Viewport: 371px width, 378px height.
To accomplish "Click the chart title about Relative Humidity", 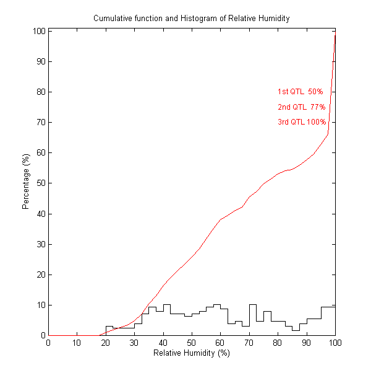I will pyautogui.click(x=191, y=19).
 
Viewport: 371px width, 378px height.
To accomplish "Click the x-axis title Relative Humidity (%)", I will pyautogui.click(x=191, y=353).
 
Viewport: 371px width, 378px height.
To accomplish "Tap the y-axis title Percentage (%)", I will pyautogui.click(x=26, y=182).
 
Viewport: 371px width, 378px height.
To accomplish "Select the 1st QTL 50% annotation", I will pyautogui.click(x=296, y=92).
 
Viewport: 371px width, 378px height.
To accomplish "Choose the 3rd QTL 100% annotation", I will pyautogui.click(x=302, y=122).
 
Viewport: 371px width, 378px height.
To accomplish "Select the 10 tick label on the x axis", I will pyautogui.click(x=77, y=343).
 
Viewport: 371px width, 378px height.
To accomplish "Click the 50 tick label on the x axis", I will pyautogui.click(x=192, y=343).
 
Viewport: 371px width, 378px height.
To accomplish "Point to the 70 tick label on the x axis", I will pyautogui.click(x=249, y=343).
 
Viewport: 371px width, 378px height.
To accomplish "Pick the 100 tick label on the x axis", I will pyautogui.click(x=335, y=343).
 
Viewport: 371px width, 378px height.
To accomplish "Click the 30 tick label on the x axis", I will pyautogui.click(x=134, y=343).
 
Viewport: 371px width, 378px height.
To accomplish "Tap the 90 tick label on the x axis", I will pyautogui.click(x=307, y=343).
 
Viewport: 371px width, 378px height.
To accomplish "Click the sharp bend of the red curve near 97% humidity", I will pyautogui.click(x=328, y=134).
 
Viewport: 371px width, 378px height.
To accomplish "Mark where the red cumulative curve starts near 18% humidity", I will pyautogui.click(x=100, y=335).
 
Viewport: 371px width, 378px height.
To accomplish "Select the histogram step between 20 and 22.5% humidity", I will pyautogui.click(x=109, y=326).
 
